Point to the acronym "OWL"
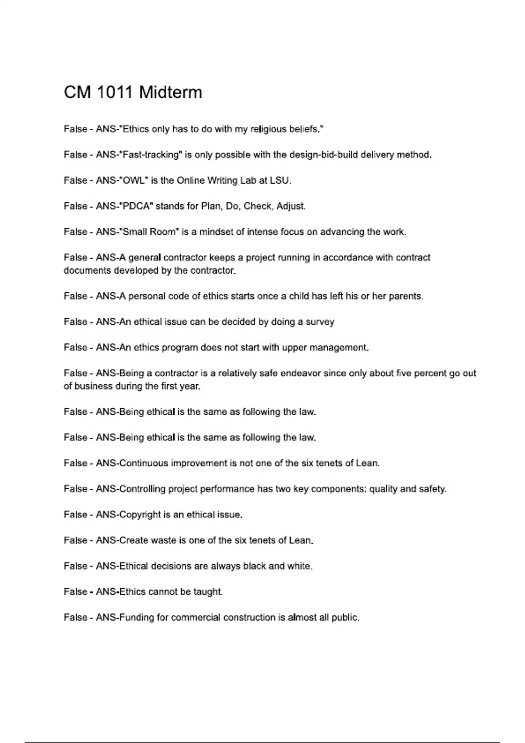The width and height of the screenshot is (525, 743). (134, 181)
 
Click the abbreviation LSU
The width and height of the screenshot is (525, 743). (280, 181)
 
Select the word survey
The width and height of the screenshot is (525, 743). (320, 322)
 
